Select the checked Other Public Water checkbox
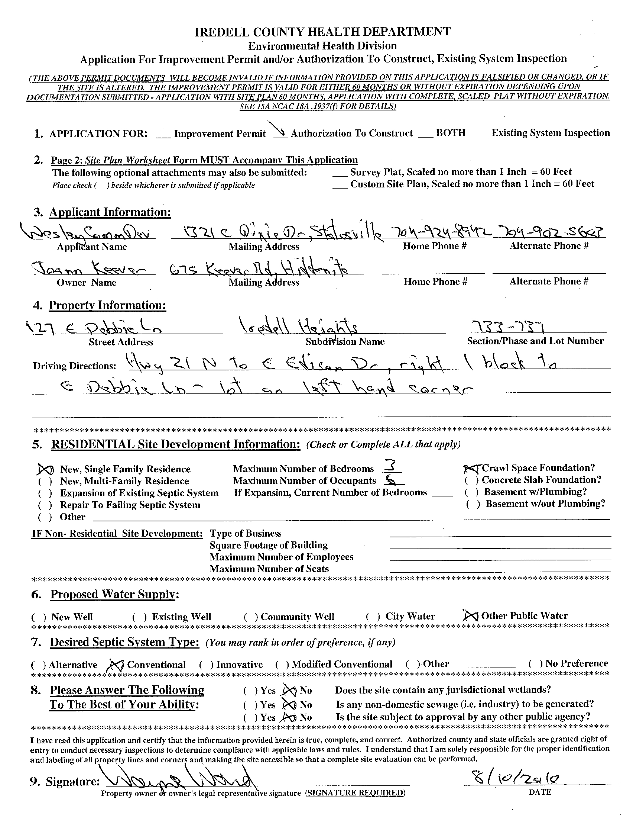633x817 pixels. coord(470,615)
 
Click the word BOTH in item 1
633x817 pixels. coord(451,133)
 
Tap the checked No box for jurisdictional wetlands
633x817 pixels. coord(290,690)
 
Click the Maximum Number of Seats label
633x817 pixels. coord(269,569)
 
